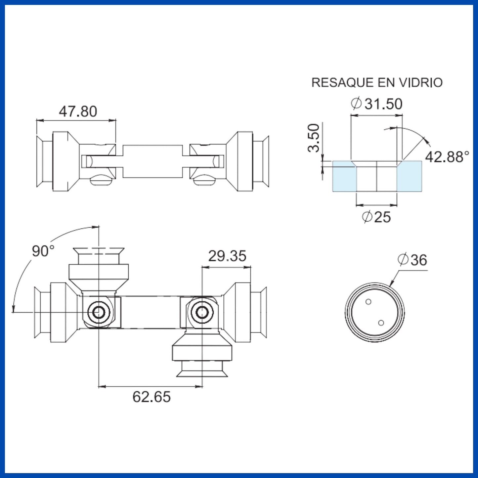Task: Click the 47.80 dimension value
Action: tap(78, 111)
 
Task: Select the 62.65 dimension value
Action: tap(152, 397)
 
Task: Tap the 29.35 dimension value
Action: tap(227, 256)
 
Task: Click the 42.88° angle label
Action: tap(447, 157)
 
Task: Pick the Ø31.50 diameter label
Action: tap(377, 104)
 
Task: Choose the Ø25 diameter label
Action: tap(376, 217)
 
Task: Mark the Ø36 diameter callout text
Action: tap(412, 260)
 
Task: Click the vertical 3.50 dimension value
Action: tap(314, 138)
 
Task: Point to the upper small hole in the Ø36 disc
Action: tap(368, 301)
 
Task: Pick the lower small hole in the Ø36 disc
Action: tap(381, 323)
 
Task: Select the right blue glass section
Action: tap(410, 176)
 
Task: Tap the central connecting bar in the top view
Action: tap(152, 161)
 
